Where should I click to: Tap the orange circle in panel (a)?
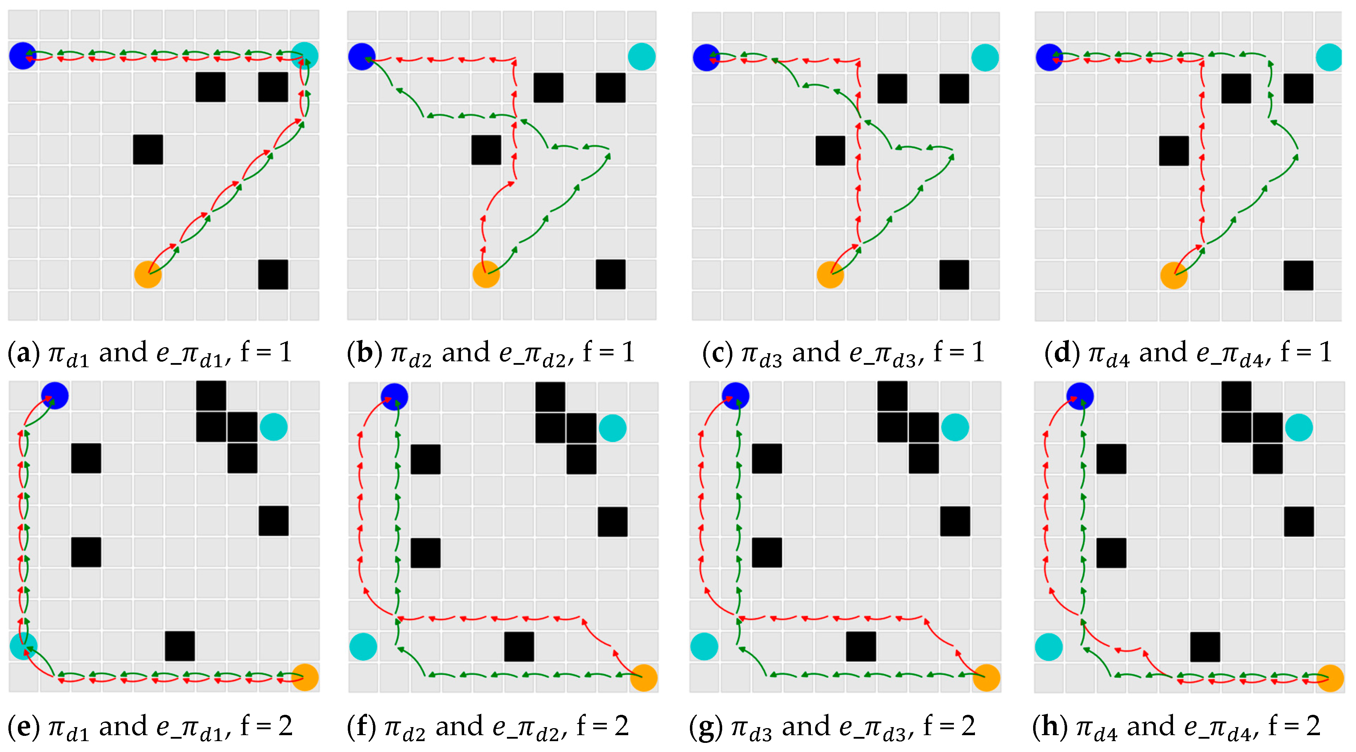[x=148, y=274]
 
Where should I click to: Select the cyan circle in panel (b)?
[x=641, y=57]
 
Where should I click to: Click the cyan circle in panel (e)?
[x=24, y=646]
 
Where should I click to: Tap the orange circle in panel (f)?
[x=643, y=678]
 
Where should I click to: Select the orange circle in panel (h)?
[x=1330, y=678]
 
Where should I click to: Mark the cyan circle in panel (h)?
[x=1049, y=647]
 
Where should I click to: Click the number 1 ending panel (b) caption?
[x=628, y=353]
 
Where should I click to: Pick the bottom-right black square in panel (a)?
[x=273, y=274]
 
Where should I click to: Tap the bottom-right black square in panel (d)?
[x=1298, y=275]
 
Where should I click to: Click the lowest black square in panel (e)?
[x=179, y=646]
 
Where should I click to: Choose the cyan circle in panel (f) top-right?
[x=612, y=428]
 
